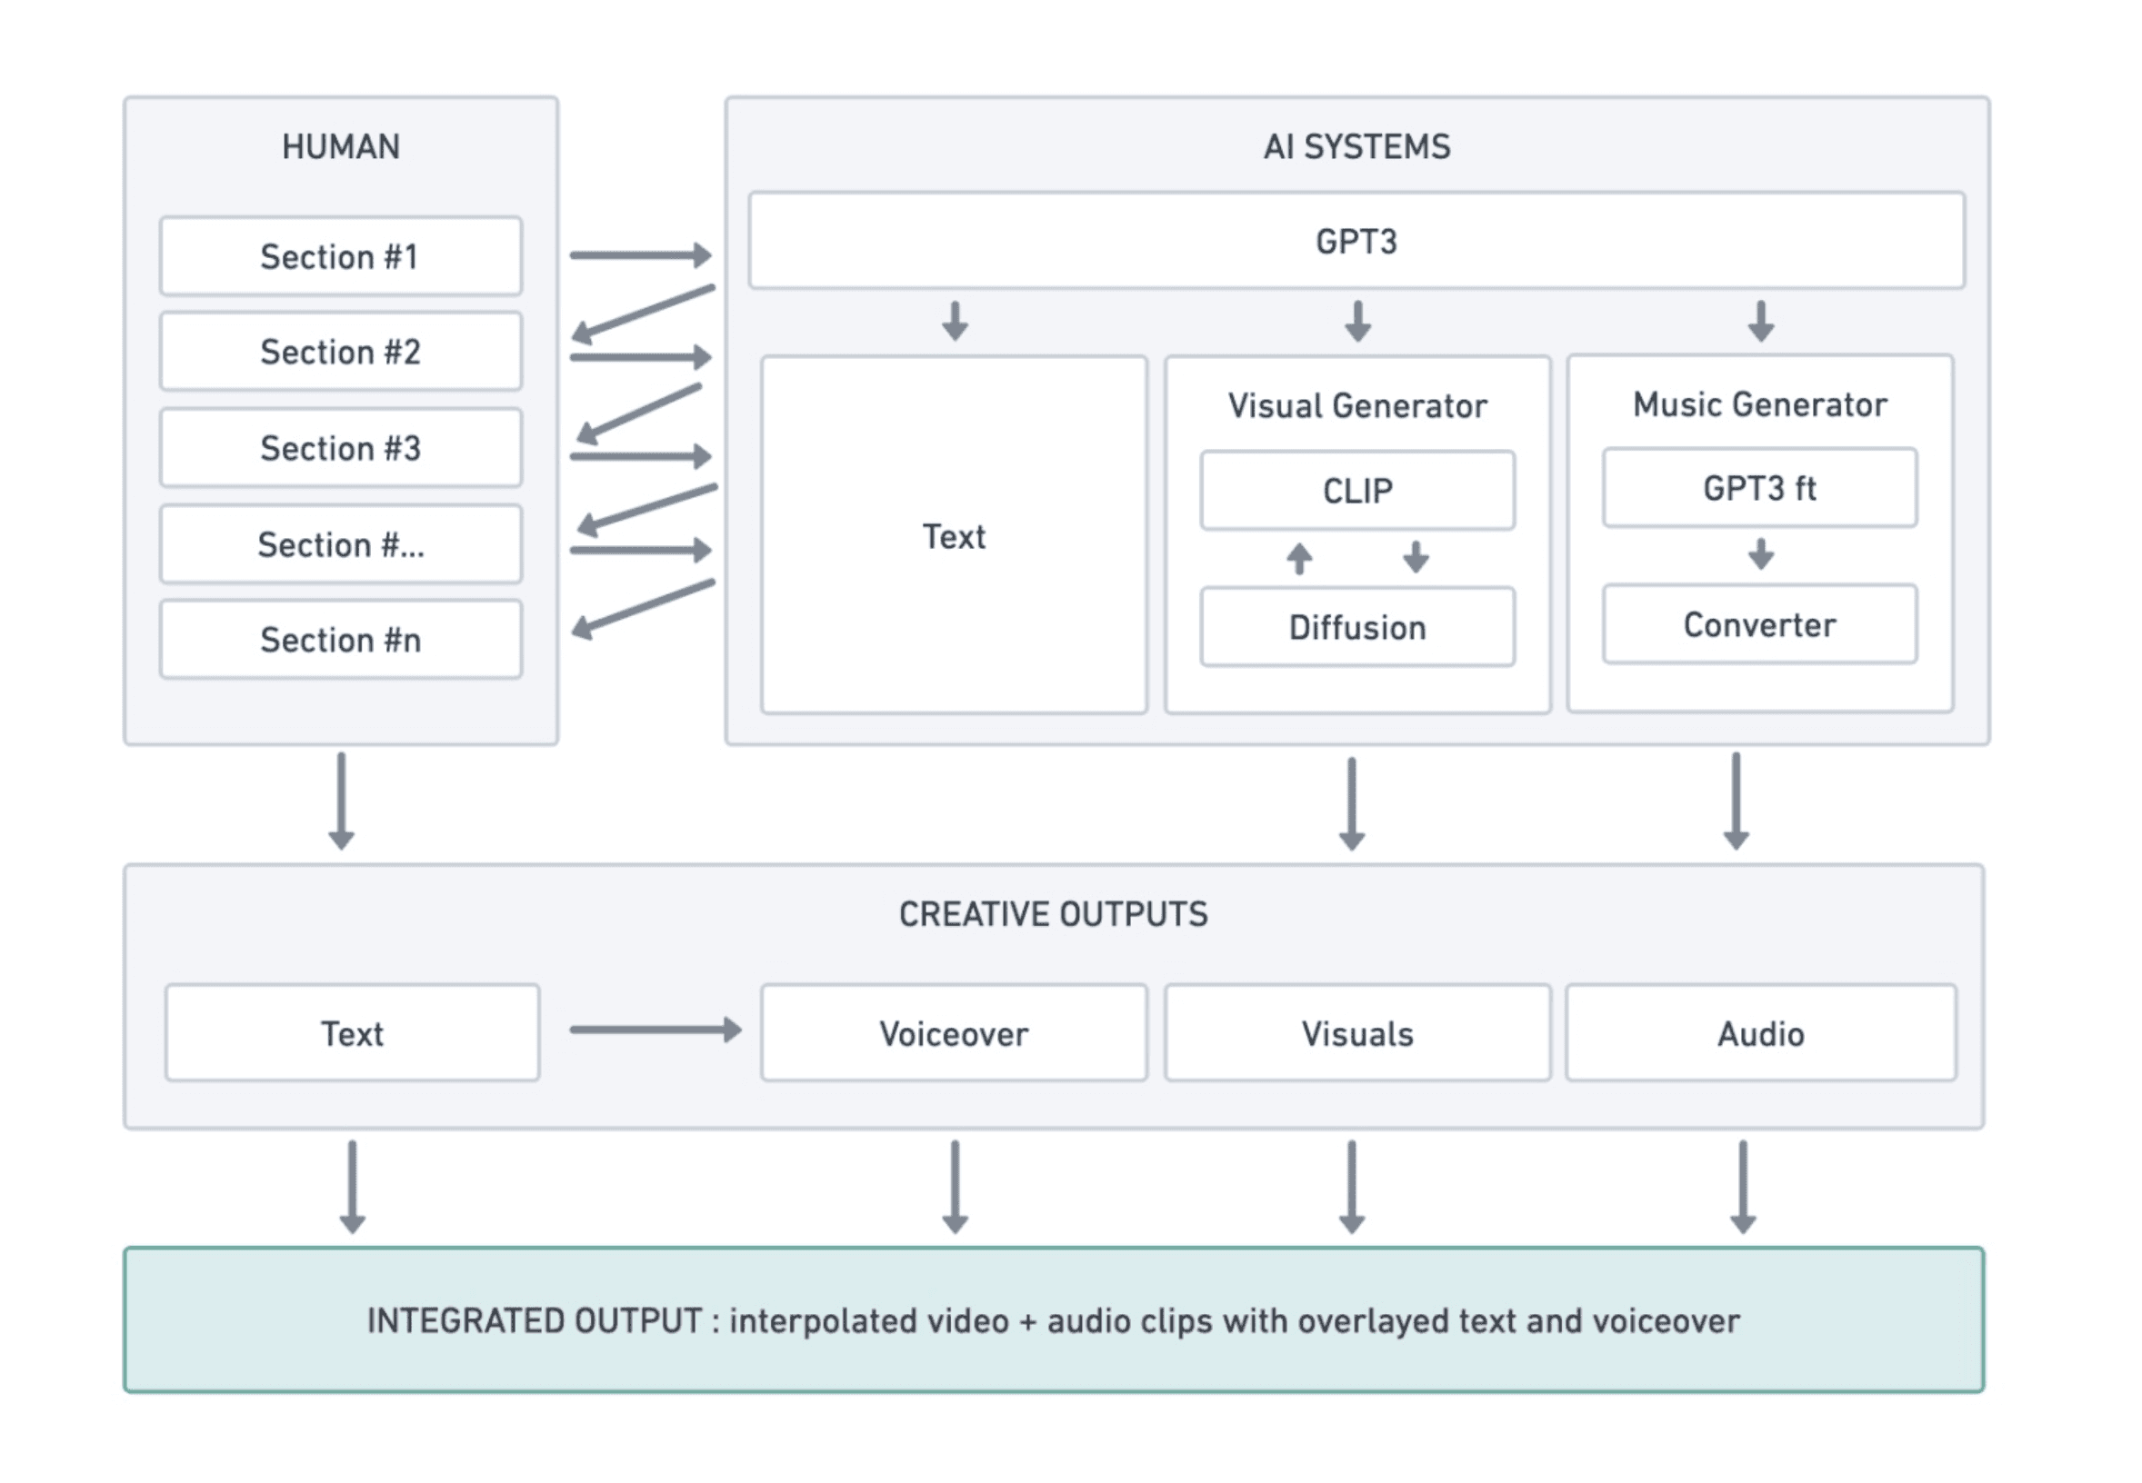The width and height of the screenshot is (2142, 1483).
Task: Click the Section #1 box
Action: point(340,255)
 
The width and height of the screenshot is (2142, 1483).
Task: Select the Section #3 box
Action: point(340,448)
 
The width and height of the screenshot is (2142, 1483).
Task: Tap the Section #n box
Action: point(340,640)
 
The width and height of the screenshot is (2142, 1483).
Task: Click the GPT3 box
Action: point(1356,241)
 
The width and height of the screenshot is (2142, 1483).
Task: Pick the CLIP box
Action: point(1357,491)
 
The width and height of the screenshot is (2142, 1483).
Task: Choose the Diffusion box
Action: point(1357,627)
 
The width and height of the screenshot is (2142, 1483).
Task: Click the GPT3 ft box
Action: point(1760,488)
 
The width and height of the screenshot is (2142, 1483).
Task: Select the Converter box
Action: point(1760,624)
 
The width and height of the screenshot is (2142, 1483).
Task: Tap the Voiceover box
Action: point(954,1033)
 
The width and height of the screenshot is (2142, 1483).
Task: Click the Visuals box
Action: point(1357,1033)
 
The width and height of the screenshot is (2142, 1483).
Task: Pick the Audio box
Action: point(1761,1033)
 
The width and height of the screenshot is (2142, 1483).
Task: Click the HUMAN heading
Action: point(341,147)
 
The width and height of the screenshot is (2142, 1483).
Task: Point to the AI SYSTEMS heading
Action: point(1356,147)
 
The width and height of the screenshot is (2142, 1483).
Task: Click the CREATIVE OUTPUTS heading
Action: point(1054,914)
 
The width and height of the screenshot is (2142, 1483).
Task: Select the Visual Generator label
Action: point(1357,406)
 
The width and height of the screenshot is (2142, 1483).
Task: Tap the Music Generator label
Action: point(1760,404)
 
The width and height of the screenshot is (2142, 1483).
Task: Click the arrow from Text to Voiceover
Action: point(656,1030)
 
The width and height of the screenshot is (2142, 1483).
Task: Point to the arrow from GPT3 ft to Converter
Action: point(1761,553)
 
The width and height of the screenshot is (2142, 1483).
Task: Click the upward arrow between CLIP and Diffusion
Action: point(1300,559)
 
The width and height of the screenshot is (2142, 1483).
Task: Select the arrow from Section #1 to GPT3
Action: point(641,254)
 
